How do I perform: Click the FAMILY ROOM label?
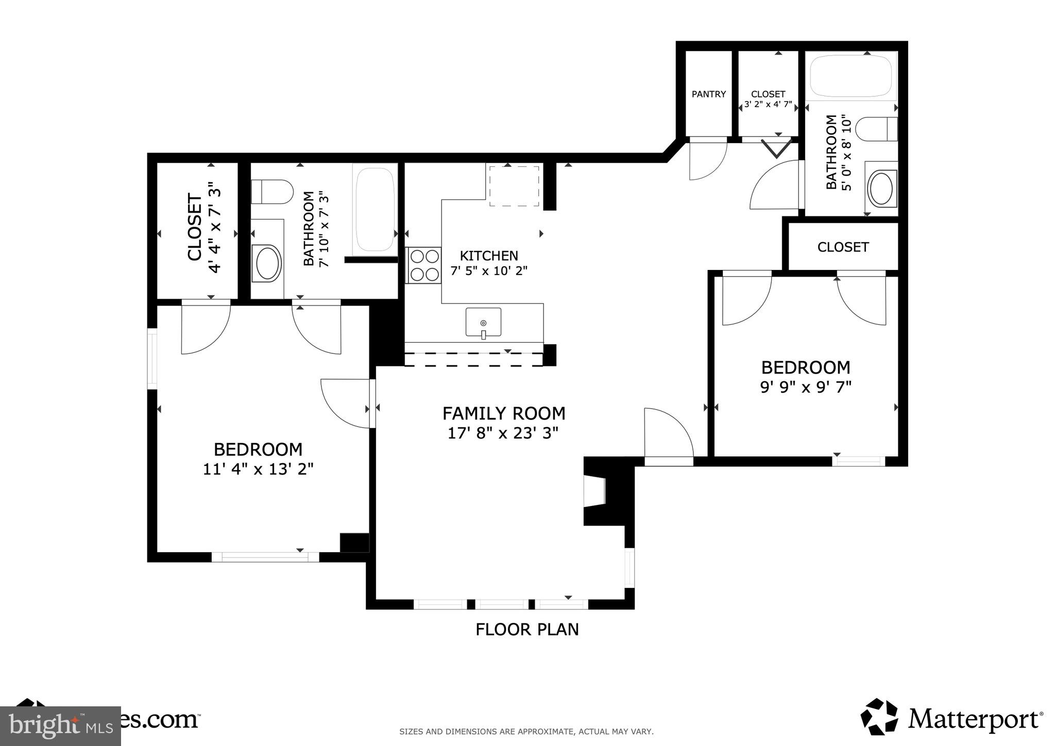click(x=503, y=413)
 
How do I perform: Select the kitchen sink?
click(x=483, y=323)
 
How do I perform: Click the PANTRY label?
click(x=708, y=94)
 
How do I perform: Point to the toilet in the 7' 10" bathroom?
click(x=271, y=192)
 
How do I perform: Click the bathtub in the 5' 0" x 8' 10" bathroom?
click(x=850, y=76)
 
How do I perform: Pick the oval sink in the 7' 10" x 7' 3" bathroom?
click(x=267, y=263)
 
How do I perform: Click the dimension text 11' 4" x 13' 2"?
click(x=258, y=469)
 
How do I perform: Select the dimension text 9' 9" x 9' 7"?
click(x=806, y=387)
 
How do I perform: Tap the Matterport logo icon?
click(x=879, y=717)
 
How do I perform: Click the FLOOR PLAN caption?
click(x=526, y=629)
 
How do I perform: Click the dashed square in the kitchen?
click(x=514, y=186)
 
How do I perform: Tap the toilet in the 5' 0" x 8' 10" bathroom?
click(x=876, y=128)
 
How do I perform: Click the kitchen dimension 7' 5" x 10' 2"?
click(x=489, y=270)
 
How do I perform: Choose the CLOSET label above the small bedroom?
click(x=843, y=247)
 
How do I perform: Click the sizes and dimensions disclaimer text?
click(x=526, y=731)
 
